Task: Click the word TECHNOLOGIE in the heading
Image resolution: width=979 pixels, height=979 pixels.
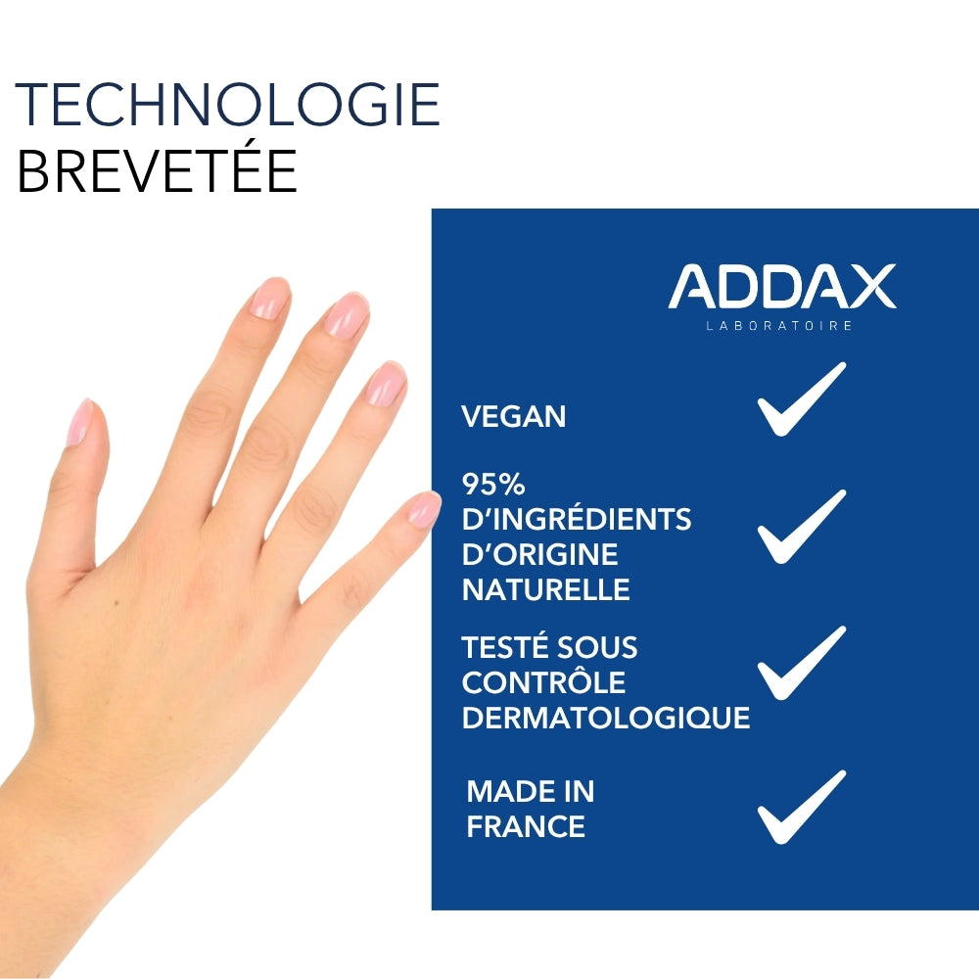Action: click(228, 105)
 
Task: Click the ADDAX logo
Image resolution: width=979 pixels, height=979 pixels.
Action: click(781, 286)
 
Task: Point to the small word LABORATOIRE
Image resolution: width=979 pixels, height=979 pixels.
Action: click(779, 325)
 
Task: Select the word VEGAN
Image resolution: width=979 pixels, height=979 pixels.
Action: click(513, 416)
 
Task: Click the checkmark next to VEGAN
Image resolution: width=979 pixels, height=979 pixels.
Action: click(801, 398)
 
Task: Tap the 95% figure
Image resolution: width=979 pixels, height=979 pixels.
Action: click(493, 484)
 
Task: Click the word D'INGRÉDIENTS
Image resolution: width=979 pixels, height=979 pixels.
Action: click(576, 519)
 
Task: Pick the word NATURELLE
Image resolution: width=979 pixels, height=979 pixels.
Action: click(545, 589)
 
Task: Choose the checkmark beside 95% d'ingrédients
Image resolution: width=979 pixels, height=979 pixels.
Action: click(801, 527)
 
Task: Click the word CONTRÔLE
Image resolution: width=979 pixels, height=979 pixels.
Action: click(543, 682)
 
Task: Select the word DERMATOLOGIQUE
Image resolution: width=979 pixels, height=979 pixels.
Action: click(605, 718)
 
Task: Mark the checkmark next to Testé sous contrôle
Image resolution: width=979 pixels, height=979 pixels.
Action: click(801, 663)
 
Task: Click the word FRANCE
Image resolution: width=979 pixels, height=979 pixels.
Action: click(525, 826)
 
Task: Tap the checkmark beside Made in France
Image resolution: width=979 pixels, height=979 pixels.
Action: click(801, 807)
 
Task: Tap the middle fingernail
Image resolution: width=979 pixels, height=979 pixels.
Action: click(347, 315)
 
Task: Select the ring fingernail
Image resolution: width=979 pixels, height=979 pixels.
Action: click(386, 383)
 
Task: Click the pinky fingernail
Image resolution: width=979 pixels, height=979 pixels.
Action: click(424, 509)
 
